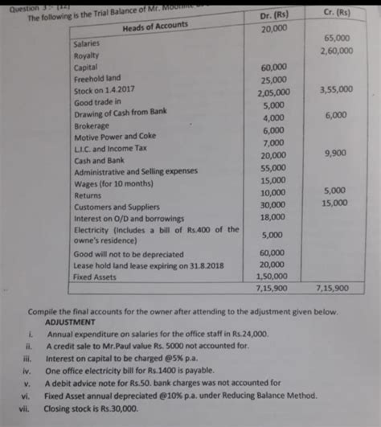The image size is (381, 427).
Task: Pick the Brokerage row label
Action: pyautogui.click(x=92, y=125)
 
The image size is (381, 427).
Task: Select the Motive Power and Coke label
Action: pyautogui.click(x=114, y=137)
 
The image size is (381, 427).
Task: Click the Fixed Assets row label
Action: pyautogui.click(x=94, y=277)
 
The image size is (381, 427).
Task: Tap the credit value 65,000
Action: pyautogui.click(x=337, y=38)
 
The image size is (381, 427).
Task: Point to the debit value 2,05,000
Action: pyautogui.click(x=274, y=93)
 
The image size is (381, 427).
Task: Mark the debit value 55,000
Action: pyautogui.click(x=273, y=168)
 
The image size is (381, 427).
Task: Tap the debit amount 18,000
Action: pyautogui.click(x=273, y=217)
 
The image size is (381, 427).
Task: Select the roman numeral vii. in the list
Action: pyautogui.click(x=24, y=408)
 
